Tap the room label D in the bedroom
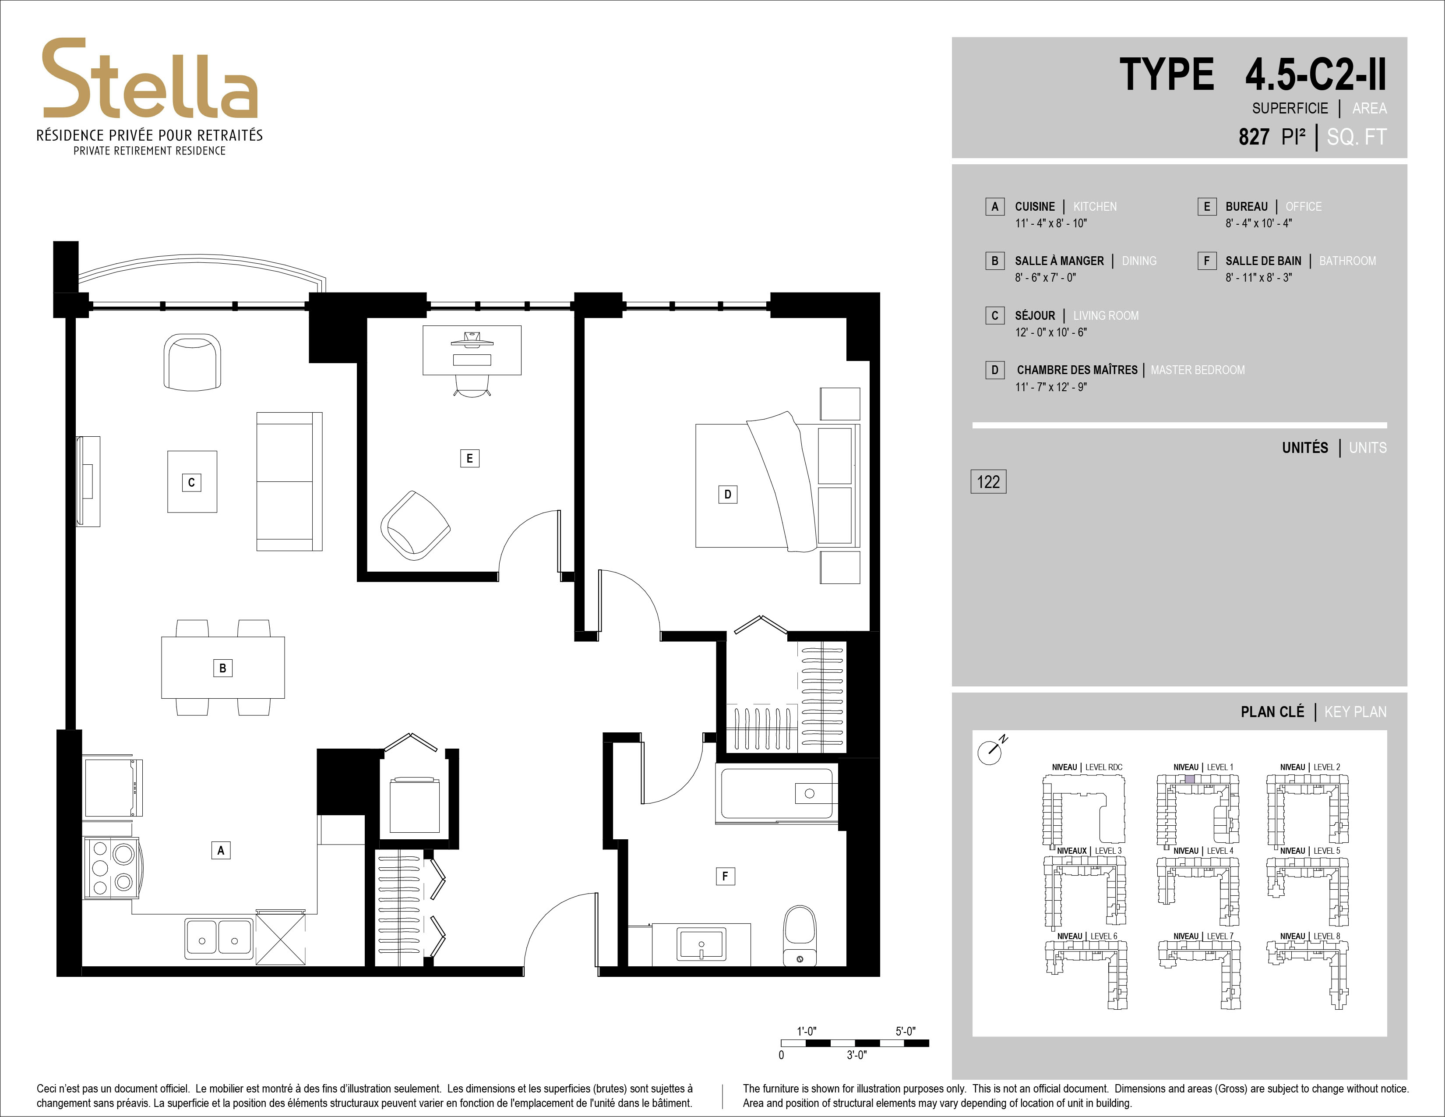(728, 494)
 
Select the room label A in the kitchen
(221, 850)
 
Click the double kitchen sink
(219, 938)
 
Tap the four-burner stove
(112, 867)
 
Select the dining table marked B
(223, 667)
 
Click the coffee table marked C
(192, 482)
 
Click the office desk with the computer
(472, 350)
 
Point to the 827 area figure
(1254, 137)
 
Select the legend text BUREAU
(1247, 206)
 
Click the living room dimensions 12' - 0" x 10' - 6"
(1050, 332)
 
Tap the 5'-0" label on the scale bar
(906, 1031)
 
